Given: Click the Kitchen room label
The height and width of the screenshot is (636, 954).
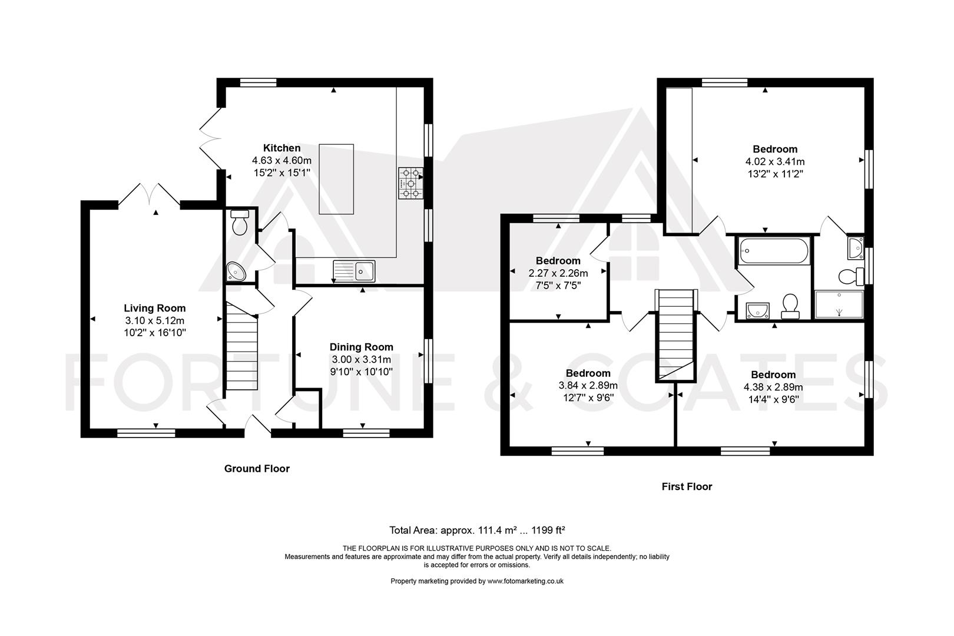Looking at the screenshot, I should (x=281, y=148).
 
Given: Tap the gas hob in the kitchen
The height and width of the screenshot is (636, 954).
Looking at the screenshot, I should (x=411, y=183).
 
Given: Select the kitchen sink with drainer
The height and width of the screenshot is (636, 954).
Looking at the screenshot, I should (x=354, y=270).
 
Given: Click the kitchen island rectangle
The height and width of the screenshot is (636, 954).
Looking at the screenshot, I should (x=336, y=179).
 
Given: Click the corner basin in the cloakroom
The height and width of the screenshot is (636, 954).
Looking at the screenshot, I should (x=236, y=271).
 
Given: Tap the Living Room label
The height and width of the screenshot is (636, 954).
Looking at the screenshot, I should (x=154, y=308).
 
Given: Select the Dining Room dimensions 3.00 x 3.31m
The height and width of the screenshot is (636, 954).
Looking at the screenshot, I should (x=361, y=359).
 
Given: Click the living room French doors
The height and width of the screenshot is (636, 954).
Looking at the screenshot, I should (x=149, y=194).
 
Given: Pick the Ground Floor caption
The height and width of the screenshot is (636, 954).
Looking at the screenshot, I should (x=257, y=469).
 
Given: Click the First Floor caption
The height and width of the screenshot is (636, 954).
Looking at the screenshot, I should (x=687, y=486).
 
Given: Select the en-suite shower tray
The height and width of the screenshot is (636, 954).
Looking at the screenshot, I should (x=839, y=304).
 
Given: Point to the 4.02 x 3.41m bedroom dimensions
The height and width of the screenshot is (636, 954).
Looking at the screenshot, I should (x=775, y=161).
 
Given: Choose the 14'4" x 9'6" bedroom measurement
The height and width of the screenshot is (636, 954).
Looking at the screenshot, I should (x=773, y=399).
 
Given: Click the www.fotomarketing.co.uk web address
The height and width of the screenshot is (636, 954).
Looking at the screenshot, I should (x=525, y=581).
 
